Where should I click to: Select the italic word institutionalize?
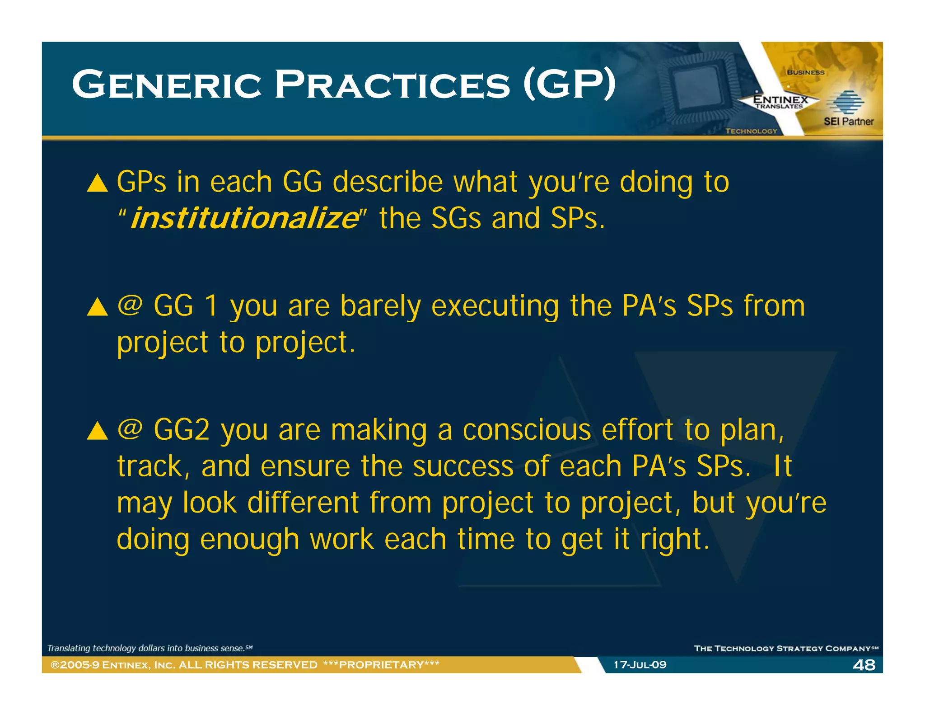(x=244, y=219)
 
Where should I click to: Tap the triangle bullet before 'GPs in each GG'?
(x=98, y=183)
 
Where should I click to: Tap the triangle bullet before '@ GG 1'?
(x=98, y=307)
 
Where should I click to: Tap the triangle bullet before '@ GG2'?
(x=98, y=431)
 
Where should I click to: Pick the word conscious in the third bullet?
(x=527, y=430)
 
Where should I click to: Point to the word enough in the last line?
(x=249, y=540)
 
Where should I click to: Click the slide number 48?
(x=864, y=665)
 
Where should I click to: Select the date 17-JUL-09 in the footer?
(x=640, y=665)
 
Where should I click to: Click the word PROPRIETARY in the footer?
(x=382, y=665)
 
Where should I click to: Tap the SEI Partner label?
(x=848, y=122)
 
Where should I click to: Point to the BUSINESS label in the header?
(x=805, y=72)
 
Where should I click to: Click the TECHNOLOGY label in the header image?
(x=751, y=131)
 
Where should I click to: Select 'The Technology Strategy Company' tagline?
(x=785, y=649)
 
